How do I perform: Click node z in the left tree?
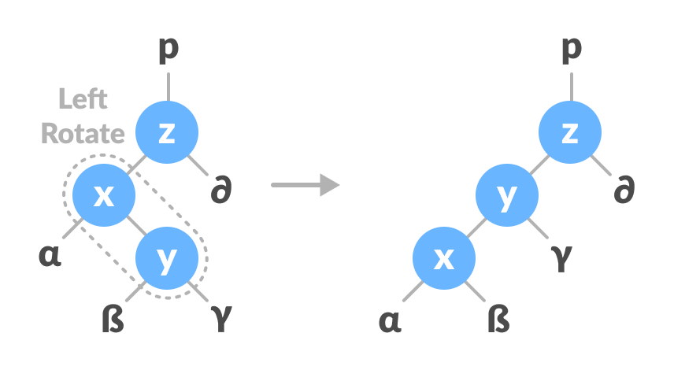[x=166, y=132]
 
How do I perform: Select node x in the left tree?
[x=103, y=195]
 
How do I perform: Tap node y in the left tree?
[x=166, y=258]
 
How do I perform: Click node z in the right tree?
[x=569, y=132]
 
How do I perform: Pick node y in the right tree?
[x=507, y=195]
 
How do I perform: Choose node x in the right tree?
[x=444, y=258]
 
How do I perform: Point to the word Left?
[x=83, y=98]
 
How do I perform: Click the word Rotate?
[x=83, y=132]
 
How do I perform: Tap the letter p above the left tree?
[x=168, y=50]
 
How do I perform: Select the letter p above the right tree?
[x=571, y=50]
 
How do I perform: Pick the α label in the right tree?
[x=391, y=320]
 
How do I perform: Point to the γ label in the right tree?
[x=561, y=257]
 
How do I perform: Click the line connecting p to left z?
[x=167, y=87]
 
